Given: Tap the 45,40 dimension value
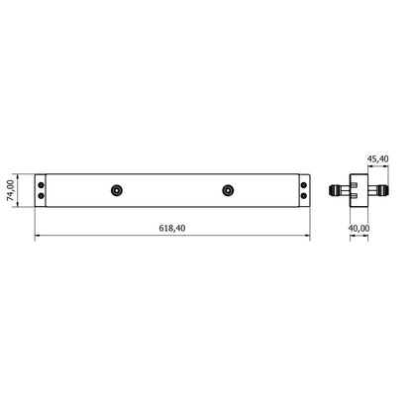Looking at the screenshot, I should click(x=376, y=157).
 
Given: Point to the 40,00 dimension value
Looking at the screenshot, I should click(x=358, y=228).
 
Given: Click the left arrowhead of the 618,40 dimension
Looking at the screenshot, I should click(x=38, y=237).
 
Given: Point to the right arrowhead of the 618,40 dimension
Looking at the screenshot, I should click(x=307, y=237).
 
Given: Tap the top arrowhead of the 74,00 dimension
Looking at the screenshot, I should click(x=19, y=174).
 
